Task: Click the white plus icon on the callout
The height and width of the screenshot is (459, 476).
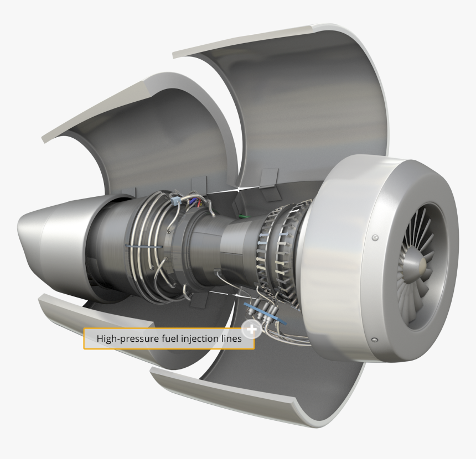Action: [x=252, y=330]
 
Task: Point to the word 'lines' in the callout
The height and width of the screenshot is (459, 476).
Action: [x=230, y=339]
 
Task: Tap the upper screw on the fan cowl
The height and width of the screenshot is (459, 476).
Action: [x=375, y=237]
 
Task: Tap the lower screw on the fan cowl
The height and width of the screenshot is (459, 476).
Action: [x=374, y=339]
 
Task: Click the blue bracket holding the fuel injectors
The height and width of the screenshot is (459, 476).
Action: [x=266, y=312]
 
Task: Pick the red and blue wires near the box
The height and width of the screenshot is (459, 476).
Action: [x=194, y=203]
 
